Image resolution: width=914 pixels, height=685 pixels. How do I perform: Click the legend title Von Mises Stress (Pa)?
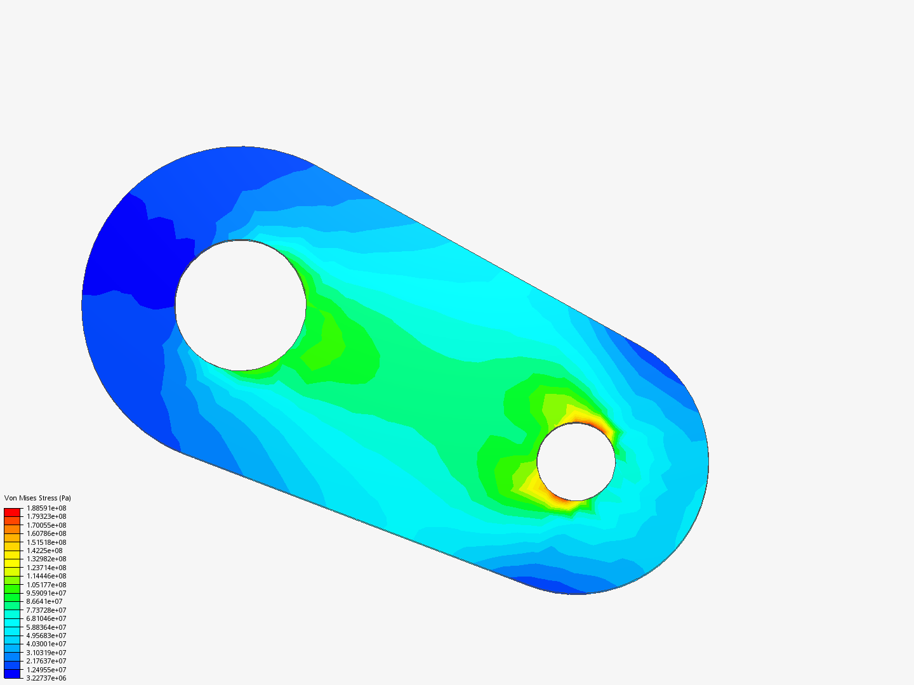click(37, 498)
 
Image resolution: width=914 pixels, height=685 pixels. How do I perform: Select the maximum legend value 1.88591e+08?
click(46, 508)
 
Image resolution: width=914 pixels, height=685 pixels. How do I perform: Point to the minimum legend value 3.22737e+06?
click(46, 678)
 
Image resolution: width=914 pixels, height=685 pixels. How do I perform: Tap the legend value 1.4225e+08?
click(44, 551)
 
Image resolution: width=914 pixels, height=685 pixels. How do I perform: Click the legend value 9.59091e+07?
click(46, 593)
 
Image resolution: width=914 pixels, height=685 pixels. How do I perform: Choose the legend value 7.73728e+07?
click(46, 610)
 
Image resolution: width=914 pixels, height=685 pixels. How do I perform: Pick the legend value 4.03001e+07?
click(46, 644)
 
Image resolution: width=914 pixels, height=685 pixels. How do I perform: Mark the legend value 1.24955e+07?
click(46, 670)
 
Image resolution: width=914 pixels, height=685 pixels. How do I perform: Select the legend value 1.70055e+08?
click(46, 525)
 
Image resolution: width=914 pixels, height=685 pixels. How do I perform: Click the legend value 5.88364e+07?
click(46, 627)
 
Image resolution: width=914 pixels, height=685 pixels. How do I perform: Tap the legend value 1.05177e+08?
click(46, 585)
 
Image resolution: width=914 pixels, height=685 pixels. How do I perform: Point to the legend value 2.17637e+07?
click(46, 661)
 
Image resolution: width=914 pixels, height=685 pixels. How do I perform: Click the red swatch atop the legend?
click(12, 512)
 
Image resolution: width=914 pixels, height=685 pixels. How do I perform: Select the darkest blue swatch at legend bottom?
click(12, 674)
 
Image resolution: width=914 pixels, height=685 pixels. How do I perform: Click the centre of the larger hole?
click(241, 305)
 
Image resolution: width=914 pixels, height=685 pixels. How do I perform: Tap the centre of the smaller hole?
click(576, 462)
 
